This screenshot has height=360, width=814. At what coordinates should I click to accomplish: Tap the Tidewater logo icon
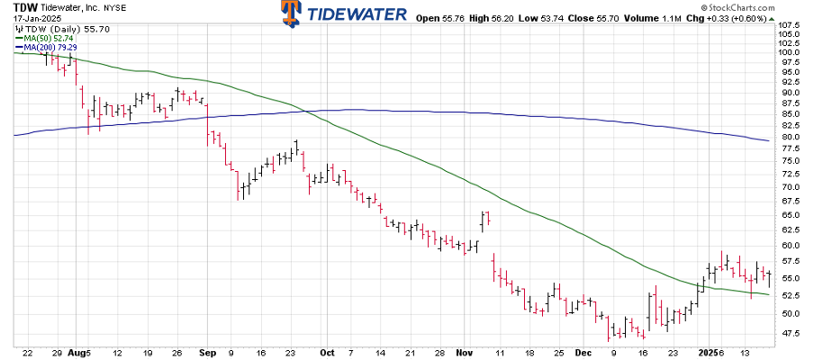290,13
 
